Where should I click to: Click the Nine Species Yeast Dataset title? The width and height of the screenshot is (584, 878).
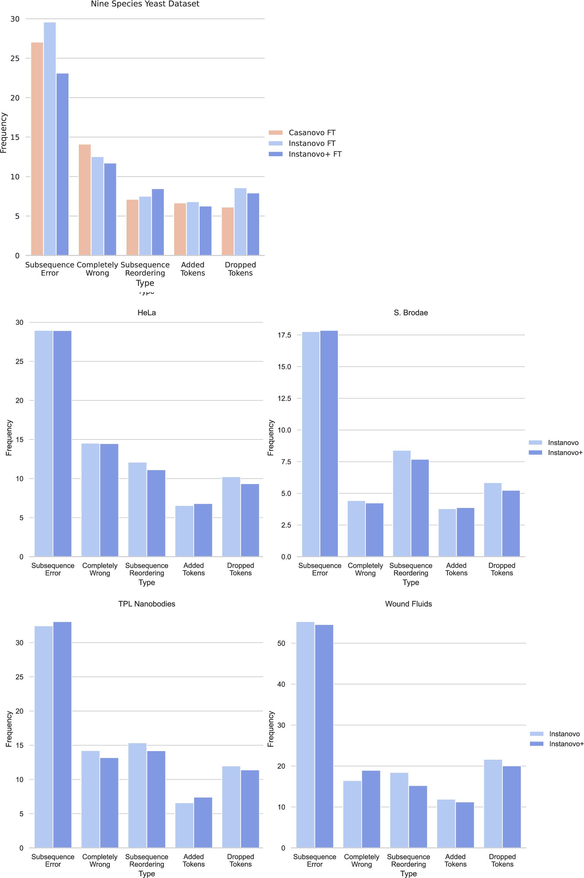point(145,4)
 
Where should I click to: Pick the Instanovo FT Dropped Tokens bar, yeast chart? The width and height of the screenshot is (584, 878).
point(240,222)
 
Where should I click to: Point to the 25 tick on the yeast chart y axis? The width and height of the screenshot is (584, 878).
point(15,58)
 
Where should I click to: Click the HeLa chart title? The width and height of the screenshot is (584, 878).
point(146,313)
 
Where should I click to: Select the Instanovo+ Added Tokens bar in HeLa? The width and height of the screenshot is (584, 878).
point(203,530)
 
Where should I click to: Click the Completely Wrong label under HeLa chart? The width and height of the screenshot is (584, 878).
point(100,569)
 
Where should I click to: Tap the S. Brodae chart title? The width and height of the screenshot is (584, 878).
point(411,313)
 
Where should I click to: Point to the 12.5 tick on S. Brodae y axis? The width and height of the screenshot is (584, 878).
point(284,398)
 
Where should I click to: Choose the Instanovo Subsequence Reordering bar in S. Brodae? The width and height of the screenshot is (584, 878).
point(402,503)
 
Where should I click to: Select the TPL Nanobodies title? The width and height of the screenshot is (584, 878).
point(146,604)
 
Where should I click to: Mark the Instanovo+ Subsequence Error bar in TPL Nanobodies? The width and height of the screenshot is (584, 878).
point(62,735)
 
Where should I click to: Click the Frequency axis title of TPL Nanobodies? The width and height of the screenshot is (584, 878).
point(9,729)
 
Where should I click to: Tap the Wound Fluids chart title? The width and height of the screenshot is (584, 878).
point(408,604)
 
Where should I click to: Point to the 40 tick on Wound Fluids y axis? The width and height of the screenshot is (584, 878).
point(281,684)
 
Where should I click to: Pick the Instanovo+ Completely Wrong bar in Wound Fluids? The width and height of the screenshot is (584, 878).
point(371,809)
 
